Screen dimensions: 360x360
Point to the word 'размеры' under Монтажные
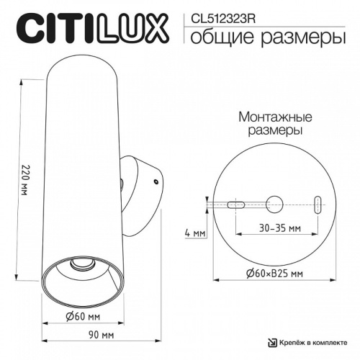(269, 131)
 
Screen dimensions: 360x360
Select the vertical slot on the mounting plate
(318, 203)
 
